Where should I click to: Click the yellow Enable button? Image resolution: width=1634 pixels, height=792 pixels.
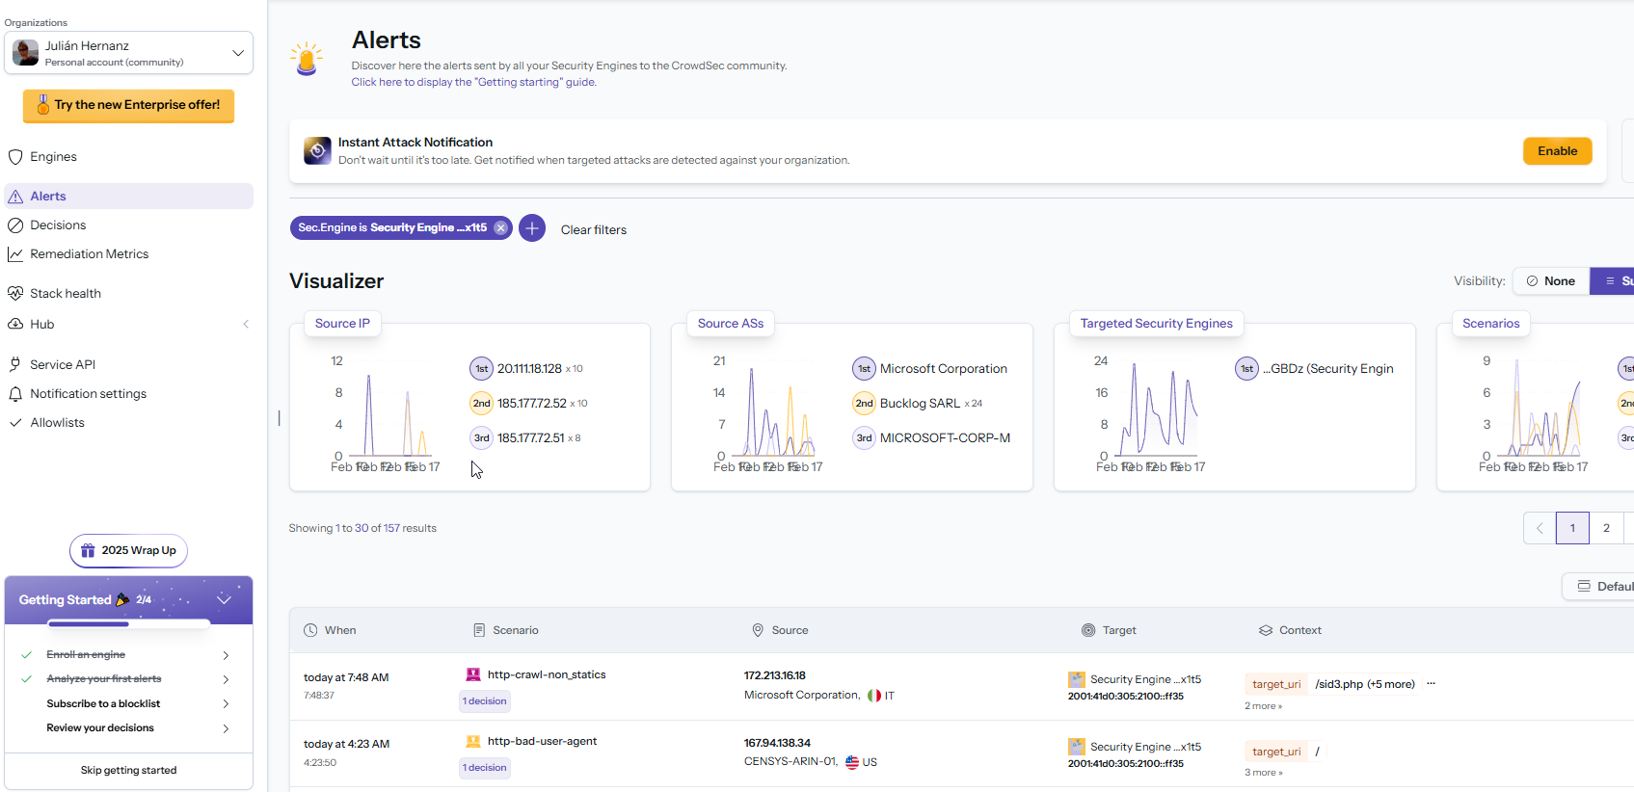[x=1556, y=151]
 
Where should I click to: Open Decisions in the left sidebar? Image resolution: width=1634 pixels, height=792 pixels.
[x=58, y=225]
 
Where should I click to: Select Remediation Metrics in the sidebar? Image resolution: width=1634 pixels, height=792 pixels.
[x=89, y=254]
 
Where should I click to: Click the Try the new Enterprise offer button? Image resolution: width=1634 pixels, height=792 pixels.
[x=128, y=105]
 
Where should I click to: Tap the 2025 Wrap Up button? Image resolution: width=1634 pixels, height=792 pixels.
[x=129, y=551]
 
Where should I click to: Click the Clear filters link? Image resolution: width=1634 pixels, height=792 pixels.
[x=593, y=230]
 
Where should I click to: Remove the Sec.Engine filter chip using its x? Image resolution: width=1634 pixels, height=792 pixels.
[x=500, y=228]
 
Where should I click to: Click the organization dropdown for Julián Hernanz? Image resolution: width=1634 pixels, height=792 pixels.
[x=128, y=53]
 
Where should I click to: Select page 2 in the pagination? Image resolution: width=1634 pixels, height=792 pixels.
[x=1606, y=528]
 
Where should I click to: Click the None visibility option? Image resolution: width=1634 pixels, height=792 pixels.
[x=1550, y=281]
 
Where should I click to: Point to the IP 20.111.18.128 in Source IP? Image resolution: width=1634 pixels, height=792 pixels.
[x=529, y=369]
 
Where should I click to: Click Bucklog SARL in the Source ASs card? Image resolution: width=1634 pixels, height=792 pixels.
[x=920, y=404]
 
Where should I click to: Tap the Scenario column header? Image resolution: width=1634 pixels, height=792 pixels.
[x=515, y=631]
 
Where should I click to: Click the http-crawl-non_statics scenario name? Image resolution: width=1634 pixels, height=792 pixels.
[x=546, y=675]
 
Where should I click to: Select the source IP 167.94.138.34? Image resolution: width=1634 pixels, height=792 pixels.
[x=777, y=743]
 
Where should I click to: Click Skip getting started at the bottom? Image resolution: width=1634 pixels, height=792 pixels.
[x=128, y=771]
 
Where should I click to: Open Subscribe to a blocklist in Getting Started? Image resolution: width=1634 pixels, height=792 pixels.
[x=103, y=704]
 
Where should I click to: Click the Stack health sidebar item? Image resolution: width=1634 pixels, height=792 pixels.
[x=65, y=294]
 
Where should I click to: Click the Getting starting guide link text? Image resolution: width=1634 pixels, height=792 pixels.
[x=473, y=83]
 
